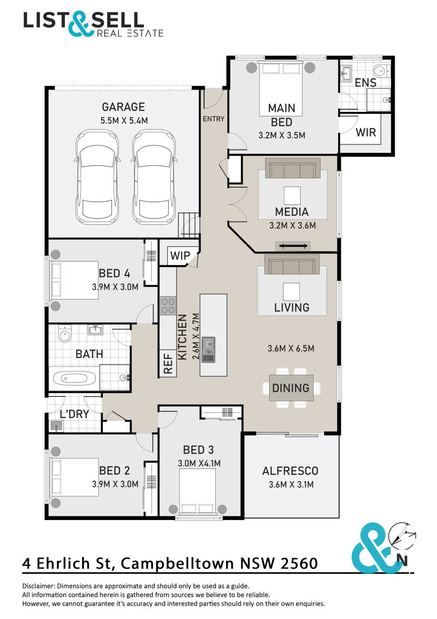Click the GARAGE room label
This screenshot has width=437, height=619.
(x=123, y=107)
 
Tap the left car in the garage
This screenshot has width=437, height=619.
(x=97, y=177)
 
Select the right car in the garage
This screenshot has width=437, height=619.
(x=154, y=177)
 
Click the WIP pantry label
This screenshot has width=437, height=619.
(x=180, y=255)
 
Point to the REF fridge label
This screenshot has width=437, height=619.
(x=168, y=364)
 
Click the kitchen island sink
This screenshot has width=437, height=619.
(x=209, y=349)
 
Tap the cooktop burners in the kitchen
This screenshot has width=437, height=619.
(x=168, y=306)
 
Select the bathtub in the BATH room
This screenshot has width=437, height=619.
(x=74, y=378)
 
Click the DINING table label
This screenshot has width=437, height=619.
(x=291, y=388)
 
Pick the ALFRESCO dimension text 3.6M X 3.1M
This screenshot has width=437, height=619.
(x=291, y=484)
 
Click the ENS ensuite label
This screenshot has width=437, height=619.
(x=366, y=83)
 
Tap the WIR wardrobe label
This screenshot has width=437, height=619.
(x=366, y=132)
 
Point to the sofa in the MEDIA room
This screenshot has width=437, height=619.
(x=293, y=168)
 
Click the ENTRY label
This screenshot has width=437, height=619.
(x=214, y=119)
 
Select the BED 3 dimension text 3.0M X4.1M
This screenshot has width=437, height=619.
(x=199, y=463)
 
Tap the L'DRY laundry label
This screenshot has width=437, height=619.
(x=75, y=414)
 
